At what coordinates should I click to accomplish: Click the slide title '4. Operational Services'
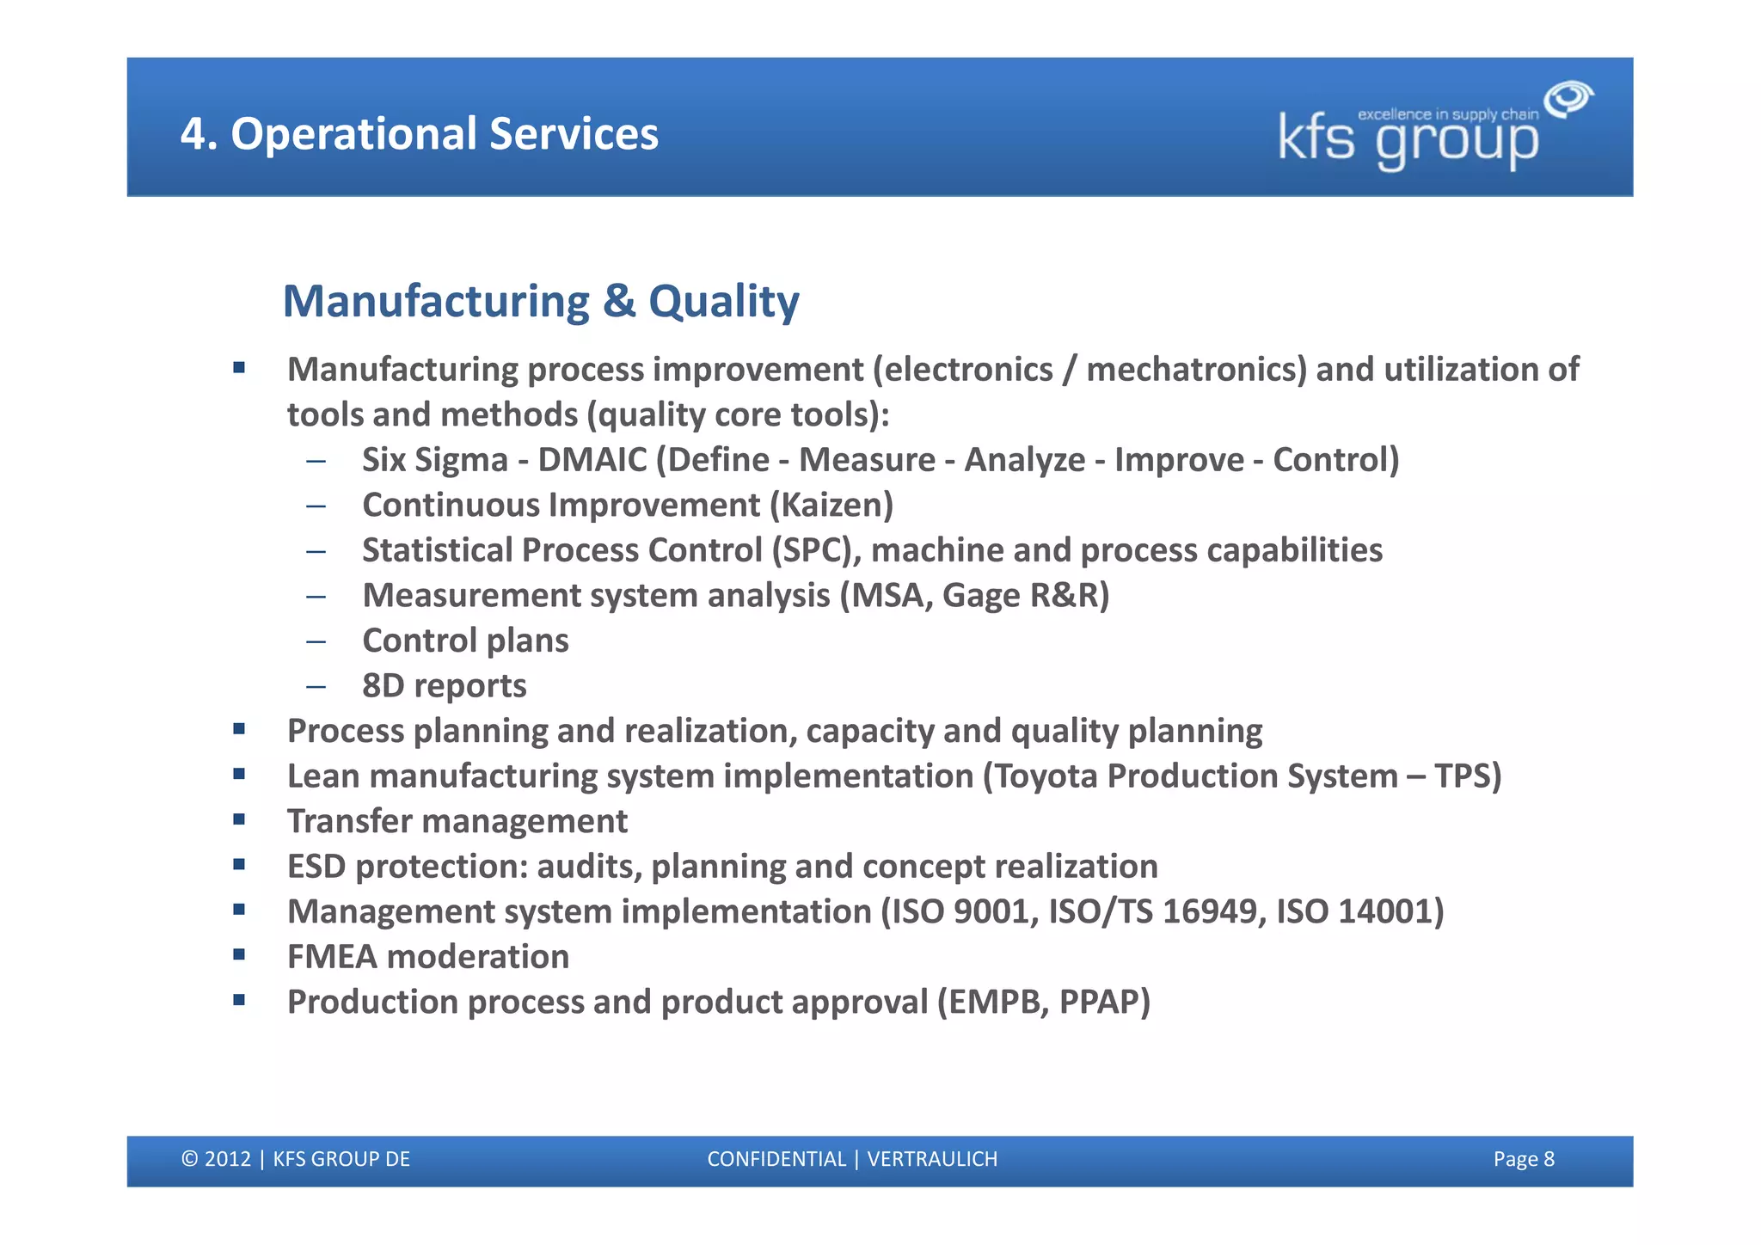419,134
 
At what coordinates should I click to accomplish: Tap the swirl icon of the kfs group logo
1568,99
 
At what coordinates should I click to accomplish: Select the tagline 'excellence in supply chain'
1447,114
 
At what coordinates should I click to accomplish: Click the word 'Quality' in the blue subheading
723,302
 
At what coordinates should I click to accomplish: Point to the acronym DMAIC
592,460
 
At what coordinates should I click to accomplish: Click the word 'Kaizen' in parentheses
831,506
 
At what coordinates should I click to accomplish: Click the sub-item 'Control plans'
465,641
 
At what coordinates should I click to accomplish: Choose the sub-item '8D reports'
444,686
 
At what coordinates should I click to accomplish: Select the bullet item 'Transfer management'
457,821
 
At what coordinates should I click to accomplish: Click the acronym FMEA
332,957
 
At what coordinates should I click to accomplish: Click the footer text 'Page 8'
1523,1159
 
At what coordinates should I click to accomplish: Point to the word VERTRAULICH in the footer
932,1159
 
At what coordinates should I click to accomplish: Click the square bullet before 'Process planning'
239,730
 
